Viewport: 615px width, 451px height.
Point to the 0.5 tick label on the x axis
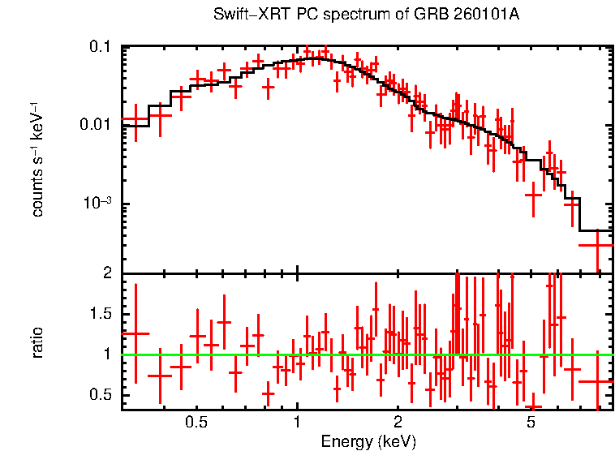click(x=196, y=423)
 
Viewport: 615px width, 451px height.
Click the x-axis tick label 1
click(x=297, y=423)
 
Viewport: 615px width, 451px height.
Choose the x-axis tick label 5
click(x=530, y=423)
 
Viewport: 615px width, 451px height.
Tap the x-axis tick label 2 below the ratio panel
click(x=398, y=423)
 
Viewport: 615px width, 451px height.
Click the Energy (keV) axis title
click(x=368, y=441)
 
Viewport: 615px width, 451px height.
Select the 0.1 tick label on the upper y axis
click(x=100, y=48)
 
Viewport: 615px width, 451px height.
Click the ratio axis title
click(x=37, y=342)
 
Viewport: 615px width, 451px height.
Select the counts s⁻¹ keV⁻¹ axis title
click(x=37, y=162)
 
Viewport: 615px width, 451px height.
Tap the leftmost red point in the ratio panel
click(x=135, y=333)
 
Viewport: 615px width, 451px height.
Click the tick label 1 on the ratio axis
click(x=106, y=354)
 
